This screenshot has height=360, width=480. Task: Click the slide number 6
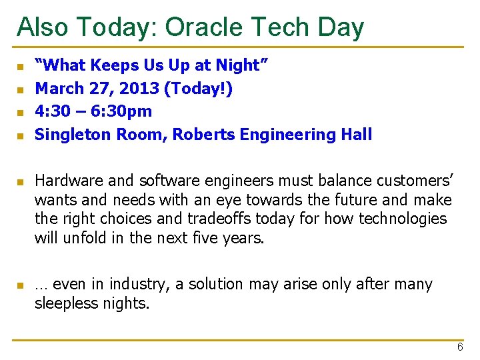(460, 347)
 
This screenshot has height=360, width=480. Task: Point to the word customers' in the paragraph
(414, 180)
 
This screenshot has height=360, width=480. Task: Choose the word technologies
(404, 219)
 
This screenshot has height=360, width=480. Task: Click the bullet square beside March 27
(21, 89)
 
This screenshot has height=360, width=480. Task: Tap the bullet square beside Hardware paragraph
(21, 181)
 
